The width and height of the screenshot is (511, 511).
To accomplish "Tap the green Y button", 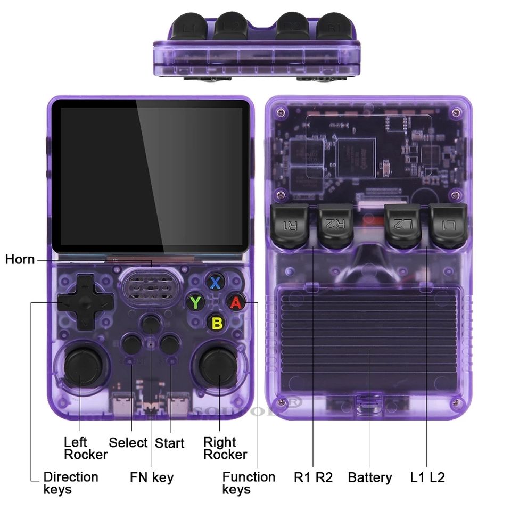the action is click(196, 302).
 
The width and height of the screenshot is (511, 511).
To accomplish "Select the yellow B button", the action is click(217, 322).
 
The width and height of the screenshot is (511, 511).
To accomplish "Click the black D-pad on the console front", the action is click(85, 302).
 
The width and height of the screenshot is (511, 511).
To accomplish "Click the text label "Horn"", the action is click(20, 259).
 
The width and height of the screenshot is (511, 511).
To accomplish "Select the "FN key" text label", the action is click(152, 477).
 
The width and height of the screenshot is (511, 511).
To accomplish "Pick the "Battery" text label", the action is click(370, 477).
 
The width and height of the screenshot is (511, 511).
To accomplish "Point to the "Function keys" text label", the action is click(249, 483).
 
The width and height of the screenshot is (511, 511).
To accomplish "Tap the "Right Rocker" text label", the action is click(225, 448).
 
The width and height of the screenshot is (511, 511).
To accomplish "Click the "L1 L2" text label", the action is click(427, 477).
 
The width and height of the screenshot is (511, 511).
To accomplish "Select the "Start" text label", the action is click(169, 443).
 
